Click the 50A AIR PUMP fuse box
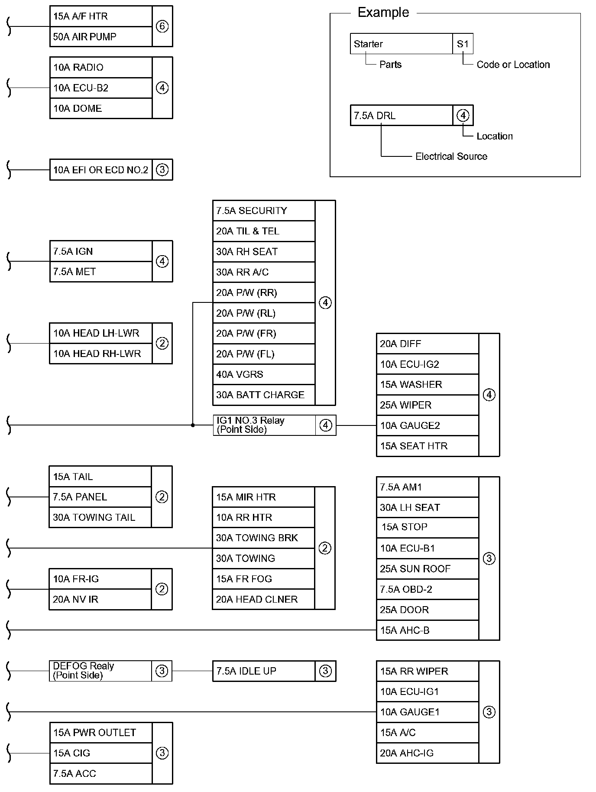[101, 37]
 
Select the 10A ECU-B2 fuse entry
[101, 88]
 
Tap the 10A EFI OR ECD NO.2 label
[101, 170]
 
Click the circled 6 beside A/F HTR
[162, 26]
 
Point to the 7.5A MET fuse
[101, 272]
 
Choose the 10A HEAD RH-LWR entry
[101, 354]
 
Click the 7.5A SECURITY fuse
[264, 211]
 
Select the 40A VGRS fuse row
[264, 374]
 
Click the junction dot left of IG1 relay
[193, 425]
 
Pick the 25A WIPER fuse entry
[428, 405]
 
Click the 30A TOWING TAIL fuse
[100, 517]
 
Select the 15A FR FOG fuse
[263, 579]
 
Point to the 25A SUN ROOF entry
[428, 569]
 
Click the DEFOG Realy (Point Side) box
[100, 671]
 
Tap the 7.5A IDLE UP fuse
[264, 671]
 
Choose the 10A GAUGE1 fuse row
[428, 712]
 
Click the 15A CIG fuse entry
[101, 753]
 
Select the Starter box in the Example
[401, 44]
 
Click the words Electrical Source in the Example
[451, 156]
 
